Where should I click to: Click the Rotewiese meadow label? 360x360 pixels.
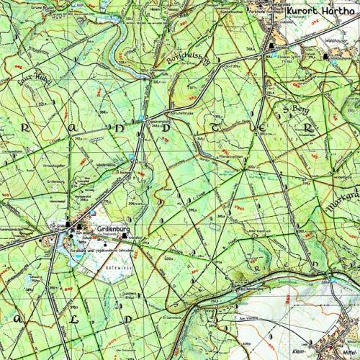point(115,264)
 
